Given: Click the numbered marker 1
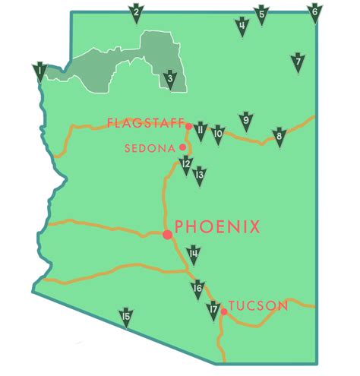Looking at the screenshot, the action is tap(39, 72).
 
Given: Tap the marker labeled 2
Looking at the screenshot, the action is tap(137, 13).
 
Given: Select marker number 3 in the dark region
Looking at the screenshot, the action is tap(171, 79).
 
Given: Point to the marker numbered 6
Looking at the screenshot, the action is tap(314, 13).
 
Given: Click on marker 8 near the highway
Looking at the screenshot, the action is tap(279, 137).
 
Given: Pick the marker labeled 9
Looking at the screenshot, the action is tap(245, 121).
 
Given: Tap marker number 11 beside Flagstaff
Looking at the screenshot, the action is tap(201, 131).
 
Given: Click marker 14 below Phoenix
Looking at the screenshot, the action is tap(194, 255).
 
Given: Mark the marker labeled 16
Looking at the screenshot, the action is tap(197, 289).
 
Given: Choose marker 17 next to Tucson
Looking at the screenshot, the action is tap(213, 311).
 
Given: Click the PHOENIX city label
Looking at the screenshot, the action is tap(218, 226).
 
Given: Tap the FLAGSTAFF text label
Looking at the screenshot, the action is tap(145, 122).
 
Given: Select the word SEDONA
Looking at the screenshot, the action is tap(149, 148).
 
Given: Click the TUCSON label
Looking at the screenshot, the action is tap(258, 306).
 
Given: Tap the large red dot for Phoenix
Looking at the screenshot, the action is tap(167, 235).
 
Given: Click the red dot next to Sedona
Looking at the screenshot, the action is tap(182, 147).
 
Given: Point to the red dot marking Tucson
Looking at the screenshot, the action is tap(224, 311).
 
